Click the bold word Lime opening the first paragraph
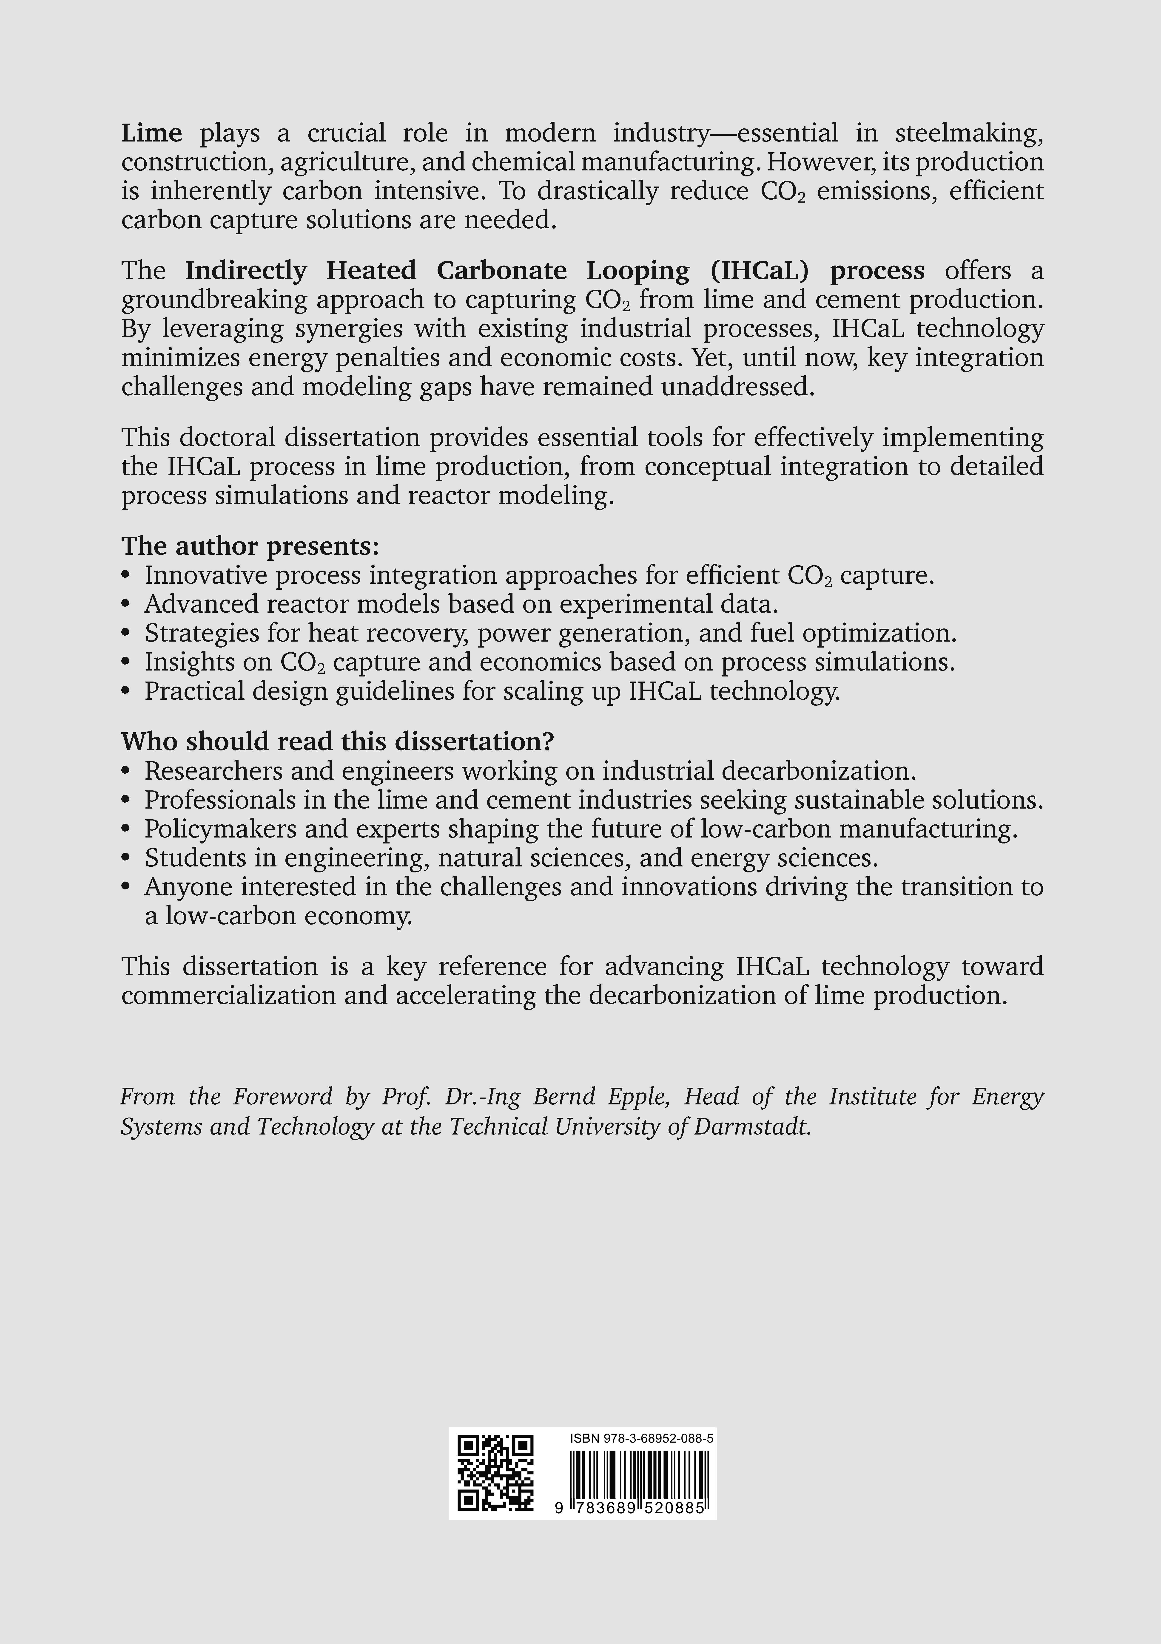pos(151,133)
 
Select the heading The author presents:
pos(250,546)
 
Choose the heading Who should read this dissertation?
pos(337,742)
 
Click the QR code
pos(496,1474)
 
